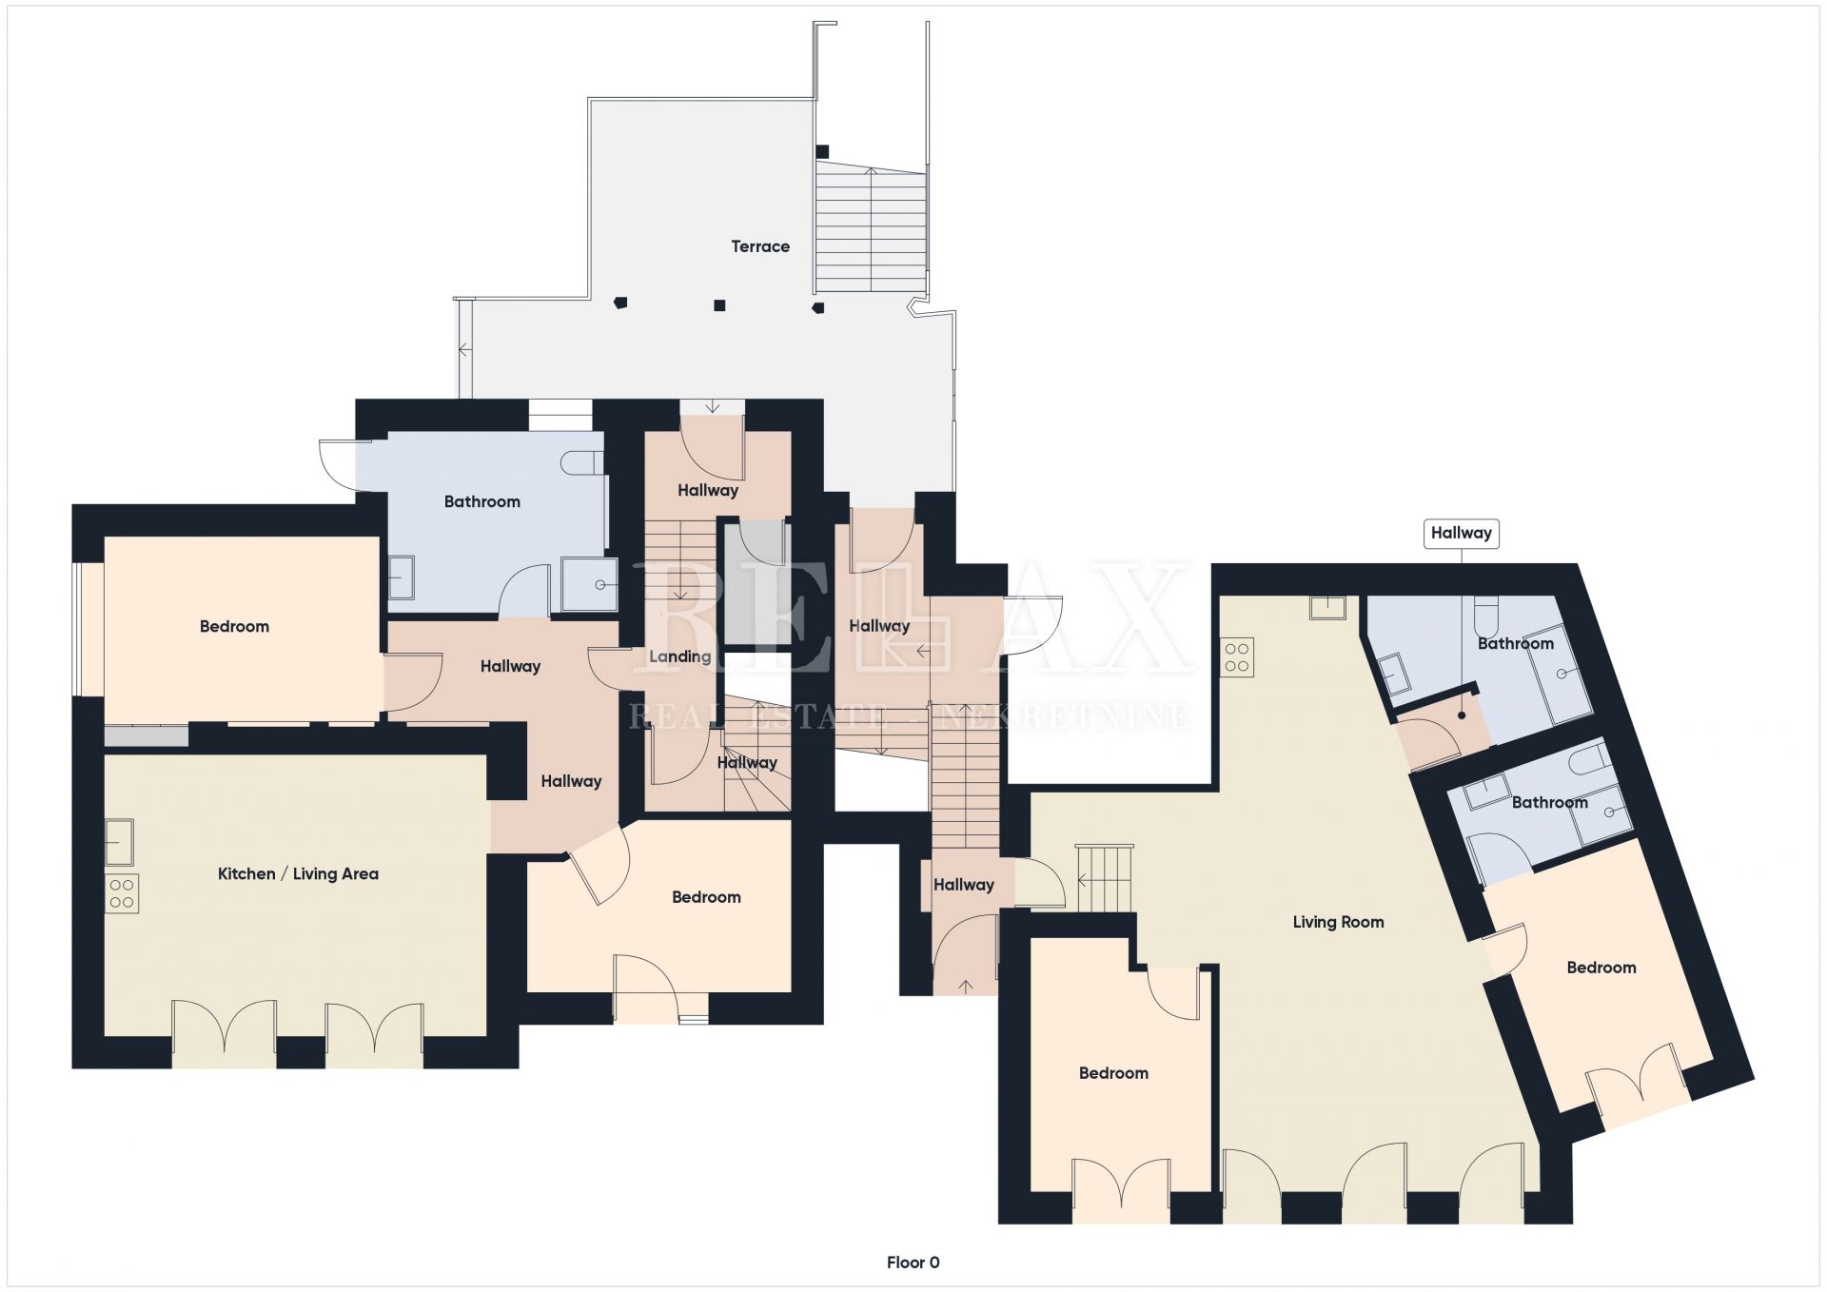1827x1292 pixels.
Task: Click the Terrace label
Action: (760, 246)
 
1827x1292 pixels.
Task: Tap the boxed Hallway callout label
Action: (1461, 533)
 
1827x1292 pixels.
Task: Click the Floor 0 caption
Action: (913, 1263)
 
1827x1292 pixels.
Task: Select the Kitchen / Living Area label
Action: (298, 873)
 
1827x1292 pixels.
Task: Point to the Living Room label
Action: (1338, 922)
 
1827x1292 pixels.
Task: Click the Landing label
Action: (679, 656)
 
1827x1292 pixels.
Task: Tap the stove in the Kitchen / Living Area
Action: (122, 893)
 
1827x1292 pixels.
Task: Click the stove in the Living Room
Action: (1237, 657)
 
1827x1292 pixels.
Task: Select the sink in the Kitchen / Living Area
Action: (119, 842)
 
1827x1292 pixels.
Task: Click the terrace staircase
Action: (871, 226)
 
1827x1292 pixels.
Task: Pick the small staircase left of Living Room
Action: (1105, 877)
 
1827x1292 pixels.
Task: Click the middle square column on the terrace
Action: (719, 305)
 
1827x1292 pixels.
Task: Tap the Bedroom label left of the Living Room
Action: (1113, 1073)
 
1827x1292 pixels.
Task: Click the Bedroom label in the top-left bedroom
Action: (234, 626)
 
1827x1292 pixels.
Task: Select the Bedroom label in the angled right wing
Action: (1601, 968)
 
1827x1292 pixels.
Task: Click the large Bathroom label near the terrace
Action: (481, 501)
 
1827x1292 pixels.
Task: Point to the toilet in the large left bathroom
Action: (582, 462)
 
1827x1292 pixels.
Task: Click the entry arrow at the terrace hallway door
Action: (712, 406)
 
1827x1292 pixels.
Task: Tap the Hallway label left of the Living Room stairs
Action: (963, 885)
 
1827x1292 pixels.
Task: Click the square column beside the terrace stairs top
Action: (822, 151)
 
